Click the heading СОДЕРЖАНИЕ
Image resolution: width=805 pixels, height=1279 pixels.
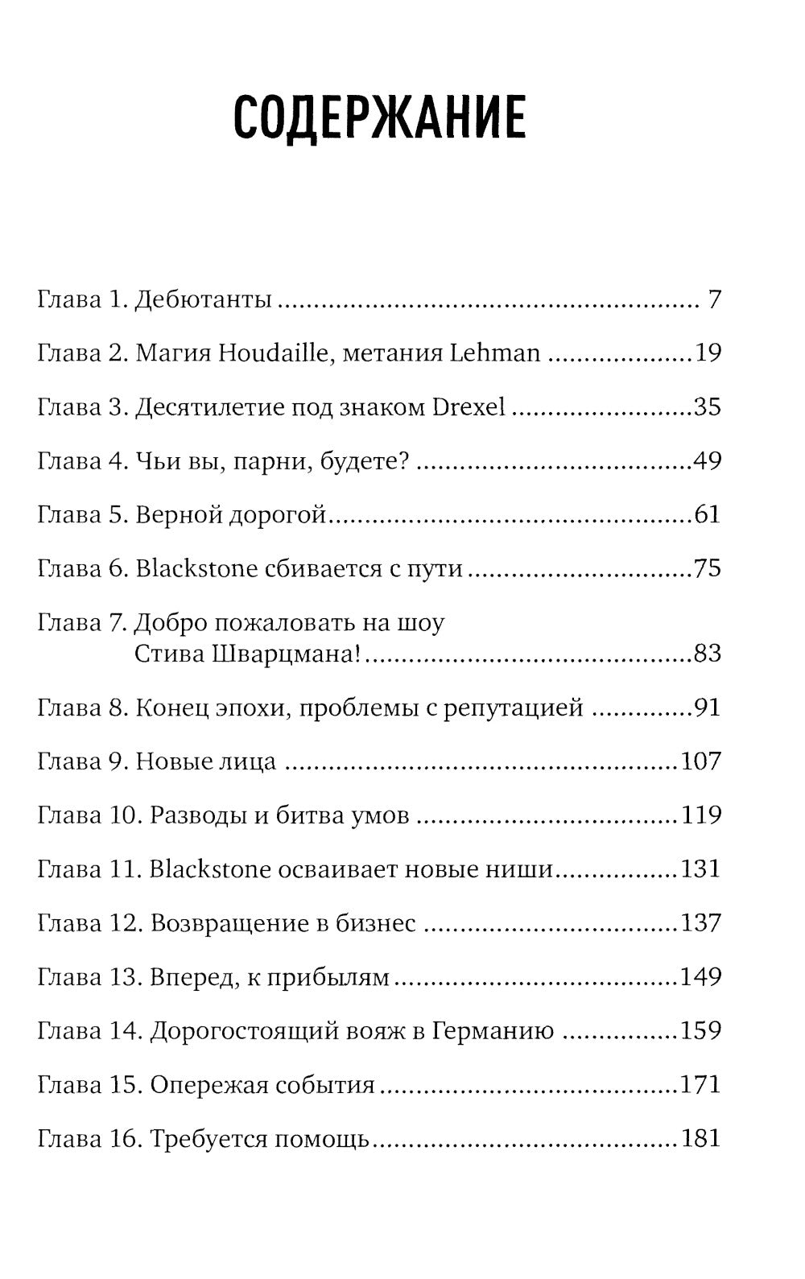tap(379, 117)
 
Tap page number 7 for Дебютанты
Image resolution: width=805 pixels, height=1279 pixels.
tap(714, 300)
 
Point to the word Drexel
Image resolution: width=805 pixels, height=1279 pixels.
tap(469, 407)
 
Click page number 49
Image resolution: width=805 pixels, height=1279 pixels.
tap(707, 461)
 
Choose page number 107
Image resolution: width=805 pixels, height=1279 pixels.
tap(700, 761)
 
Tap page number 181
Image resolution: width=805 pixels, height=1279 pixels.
tap(700, 1139)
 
